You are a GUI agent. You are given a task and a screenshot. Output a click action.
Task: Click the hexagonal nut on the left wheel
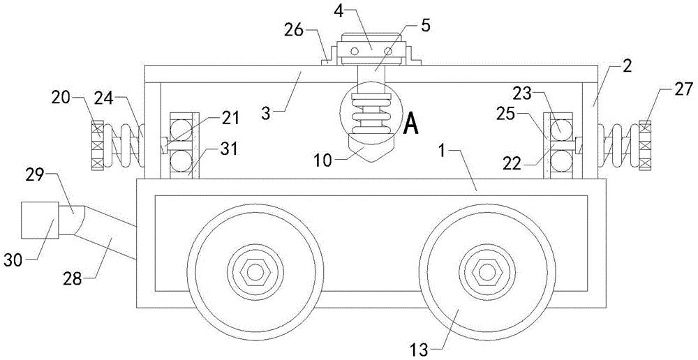click(x=255, y=272)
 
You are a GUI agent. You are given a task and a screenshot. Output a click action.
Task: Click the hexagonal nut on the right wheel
click(x=487, y=272)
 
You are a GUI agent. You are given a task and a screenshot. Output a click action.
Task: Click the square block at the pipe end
click(x=40, y=220)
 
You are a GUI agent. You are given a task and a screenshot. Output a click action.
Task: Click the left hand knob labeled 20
click(x=98, y=145)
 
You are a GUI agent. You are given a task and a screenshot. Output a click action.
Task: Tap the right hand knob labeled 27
click(x=644, y=145)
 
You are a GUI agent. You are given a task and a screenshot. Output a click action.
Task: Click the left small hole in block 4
click(x=354, y=52)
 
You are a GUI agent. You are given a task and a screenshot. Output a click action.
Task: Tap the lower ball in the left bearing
click(x=181, y=158)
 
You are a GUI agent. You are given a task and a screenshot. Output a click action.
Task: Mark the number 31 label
click(x=229, y=149)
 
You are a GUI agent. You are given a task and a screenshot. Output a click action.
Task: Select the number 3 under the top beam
click(x=265, y=112)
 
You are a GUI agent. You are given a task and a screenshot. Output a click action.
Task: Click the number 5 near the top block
click(x=426, y=26)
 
